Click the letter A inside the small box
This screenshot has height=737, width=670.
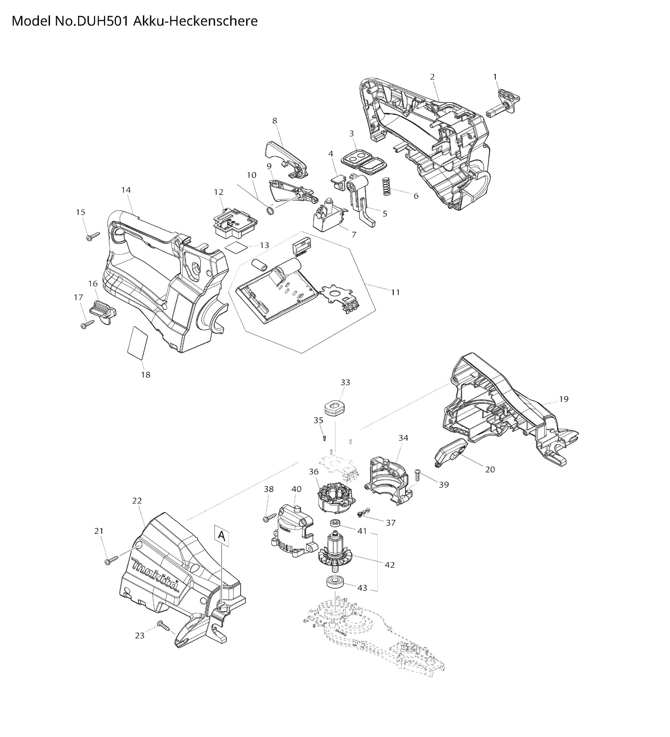tap(221, 535)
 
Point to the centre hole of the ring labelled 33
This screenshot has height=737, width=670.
tap(335, 405)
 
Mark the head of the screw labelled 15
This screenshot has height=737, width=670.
tap(89, 238)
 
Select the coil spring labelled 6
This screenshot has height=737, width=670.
tap(387, 186)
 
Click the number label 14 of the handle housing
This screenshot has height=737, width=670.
tap(126, 190)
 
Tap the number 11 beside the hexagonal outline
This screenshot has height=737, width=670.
tap(395, 292)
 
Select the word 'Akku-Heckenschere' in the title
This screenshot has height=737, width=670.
tap(196, 21)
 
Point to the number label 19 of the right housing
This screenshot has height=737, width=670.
tap(564, 399)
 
